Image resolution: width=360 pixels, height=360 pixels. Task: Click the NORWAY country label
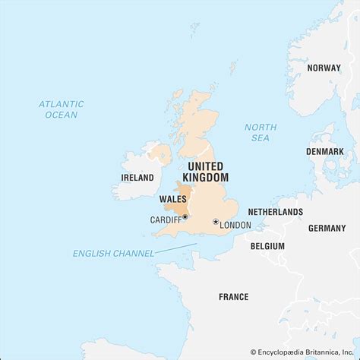(x=324, y=68)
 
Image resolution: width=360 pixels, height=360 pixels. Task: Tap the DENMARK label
(x=326, y=151)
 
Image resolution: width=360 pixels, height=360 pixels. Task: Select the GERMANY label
(x=327, y=228)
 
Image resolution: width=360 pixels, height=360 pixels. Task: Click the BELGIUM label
(x=267, y=246)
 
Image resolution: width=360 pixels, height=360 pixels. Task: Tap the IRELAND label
(x=137, y=177)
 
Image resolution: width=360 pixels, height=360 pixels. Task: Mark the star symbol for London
(x=216, y=223)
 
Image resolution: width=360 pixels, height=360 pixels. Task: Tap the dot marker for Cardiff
(x=185, y=217)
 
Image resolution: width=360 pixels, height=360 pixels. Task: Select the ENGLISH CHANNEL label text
(x=112, y=253)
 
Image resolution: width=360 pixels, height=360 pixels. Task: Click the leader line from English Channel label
(x=175, y=248)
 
